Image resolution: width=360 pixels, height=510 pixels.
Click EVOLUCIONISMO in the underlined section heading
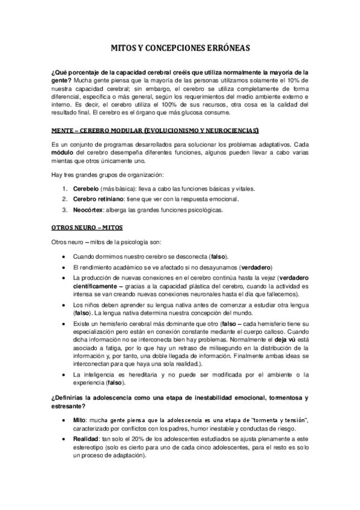[x=149, y=130]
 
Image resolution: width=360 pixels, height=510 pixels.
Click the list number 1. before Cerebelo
[x=66, y=189]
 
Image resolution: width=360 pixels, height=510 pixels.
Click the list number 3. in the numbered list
[x=66, y=210]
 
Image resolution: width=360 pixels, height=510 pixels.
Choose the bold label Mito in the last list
[x=80, y=418]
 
